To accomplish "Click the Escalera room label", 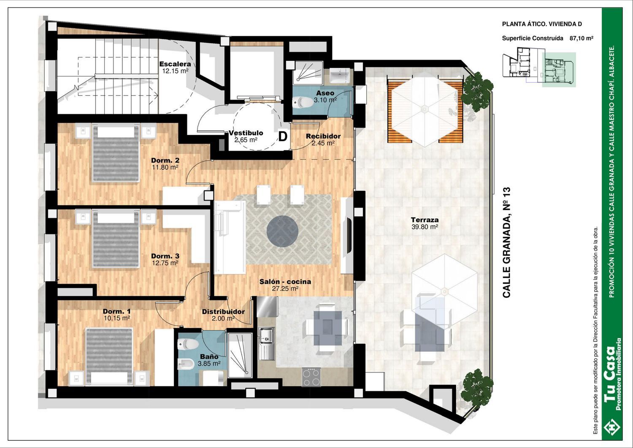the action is [175, 64].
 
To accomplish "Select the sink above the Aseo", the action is [340, 76].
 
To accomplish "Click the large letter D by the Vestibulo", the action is [283, 137].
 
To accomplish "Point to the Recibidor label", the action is [323, 136].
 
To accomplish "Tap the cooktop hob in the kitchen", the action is [311, 377].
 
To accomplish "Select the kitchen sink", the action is [266, 343].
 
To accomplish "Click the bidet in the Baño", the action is [187, 364].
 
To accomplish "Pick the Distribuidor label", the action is [223, 312].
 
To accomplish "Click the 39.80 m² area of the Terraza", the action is [425, 227].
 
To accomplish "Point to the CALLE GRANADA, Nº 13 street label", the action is [506, 242].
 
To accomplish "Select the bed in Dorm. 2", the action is [116, 154].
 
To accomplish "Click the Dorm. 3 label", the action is [165, 256].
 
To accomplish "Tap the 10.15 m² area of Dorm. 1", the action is [117, 318].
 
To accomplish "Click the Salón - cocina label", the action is [285, 282].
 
